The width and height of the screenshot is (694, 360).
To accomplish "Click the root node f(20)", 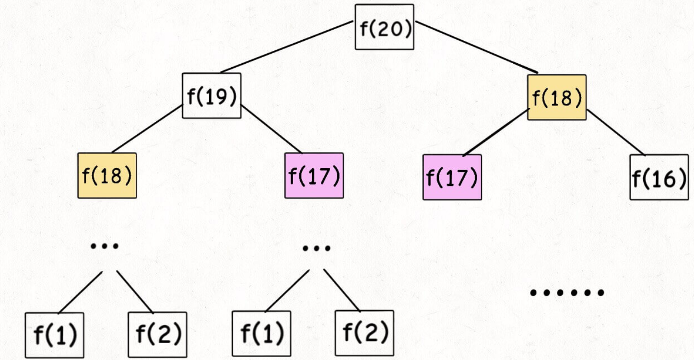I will click(384, 27).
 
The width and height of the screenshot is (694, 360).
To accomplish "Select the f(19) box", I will click(212, 95).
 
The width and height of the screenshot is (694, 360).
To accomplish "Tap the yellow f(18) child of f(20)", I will click(557, 97).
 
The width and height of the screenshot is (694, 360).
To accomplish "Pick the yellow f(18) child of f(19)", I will click(107, 175).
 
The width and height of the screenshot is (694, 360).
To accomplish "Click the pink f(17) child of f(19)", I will click(314, 175).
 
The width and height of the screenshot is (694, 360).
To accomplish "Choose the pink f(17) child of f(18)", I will click(452, 177).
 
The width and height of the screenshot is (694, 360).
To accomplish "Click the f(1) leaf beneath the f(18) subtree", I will click(55, 335).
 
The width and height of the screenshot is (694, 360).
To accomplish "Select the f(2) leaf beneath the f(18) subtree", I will click(157, 335).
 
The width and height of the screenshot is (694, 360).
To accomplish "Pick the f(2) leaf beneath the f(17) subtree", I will click(365, 333).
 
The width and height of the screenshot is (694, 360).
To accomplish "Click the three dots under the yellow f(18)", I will click(105, 246).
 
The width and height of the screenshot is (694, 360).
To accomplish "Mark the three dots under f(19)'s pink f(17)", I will click(316, 248).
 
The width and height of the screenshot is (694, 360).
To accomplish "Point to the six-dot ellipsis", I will click(566, 292).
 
